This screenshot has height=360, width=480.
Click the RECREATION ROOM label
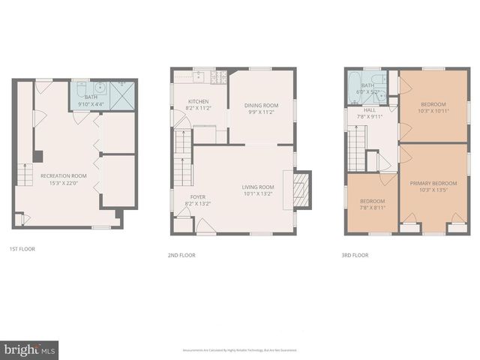tap(64, 175)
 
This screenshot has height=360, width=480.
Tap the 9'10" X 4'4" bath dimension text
tap(92, 103)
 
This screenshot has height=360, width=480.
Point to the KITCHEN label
tap(198, 101)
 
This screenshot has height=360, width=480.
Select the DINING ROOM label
tap(260, 106)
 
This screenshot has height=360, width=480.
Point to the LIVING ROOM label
tap(257, 187)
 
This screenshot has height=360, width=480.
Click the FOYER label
tap(198, 196)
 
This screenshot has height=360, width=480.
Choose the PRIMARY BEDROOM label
tap(433, 183)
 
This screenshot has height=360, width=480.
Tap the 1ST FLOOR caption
tap(22, 248)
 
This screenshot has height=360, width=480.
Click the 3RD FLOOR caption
tap(355, 255)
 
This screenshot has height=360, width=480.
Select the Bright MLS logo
tap(30, 349)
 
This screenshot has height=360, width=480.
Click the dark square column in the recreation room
tap(39, 156)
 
